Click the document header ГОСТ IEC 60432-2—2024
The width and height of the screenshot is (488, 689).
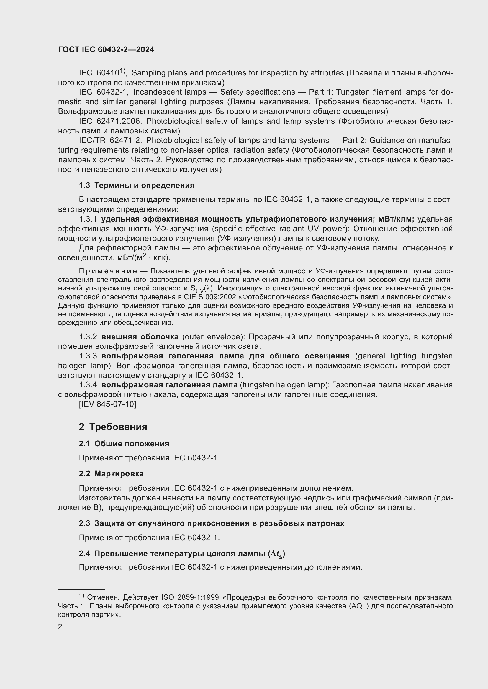point(106,50)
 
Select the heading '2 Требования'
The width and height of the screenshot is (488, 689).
point(113,427)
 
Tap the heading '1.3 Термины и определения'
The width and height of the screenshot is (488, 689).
point(137,186)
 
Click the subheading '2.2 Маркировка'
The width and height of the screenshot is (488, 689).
point(111,474)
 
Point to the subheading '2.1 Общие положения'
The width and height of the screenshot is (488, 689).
point(124,444)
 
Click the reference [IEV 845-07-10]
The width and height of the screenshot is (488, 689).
point(107,404)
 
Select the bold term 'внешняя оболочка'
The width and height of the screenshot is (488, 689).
point(140,337)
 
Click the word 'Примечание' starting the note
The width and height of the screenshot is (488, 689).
point(108,271)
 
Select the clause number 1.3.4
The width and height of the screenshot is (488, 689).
point(88,385)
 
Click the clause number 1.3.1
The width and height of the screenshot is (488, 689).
point(88,219)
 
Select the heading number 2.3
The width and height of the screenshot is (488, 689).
point(84,523)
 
